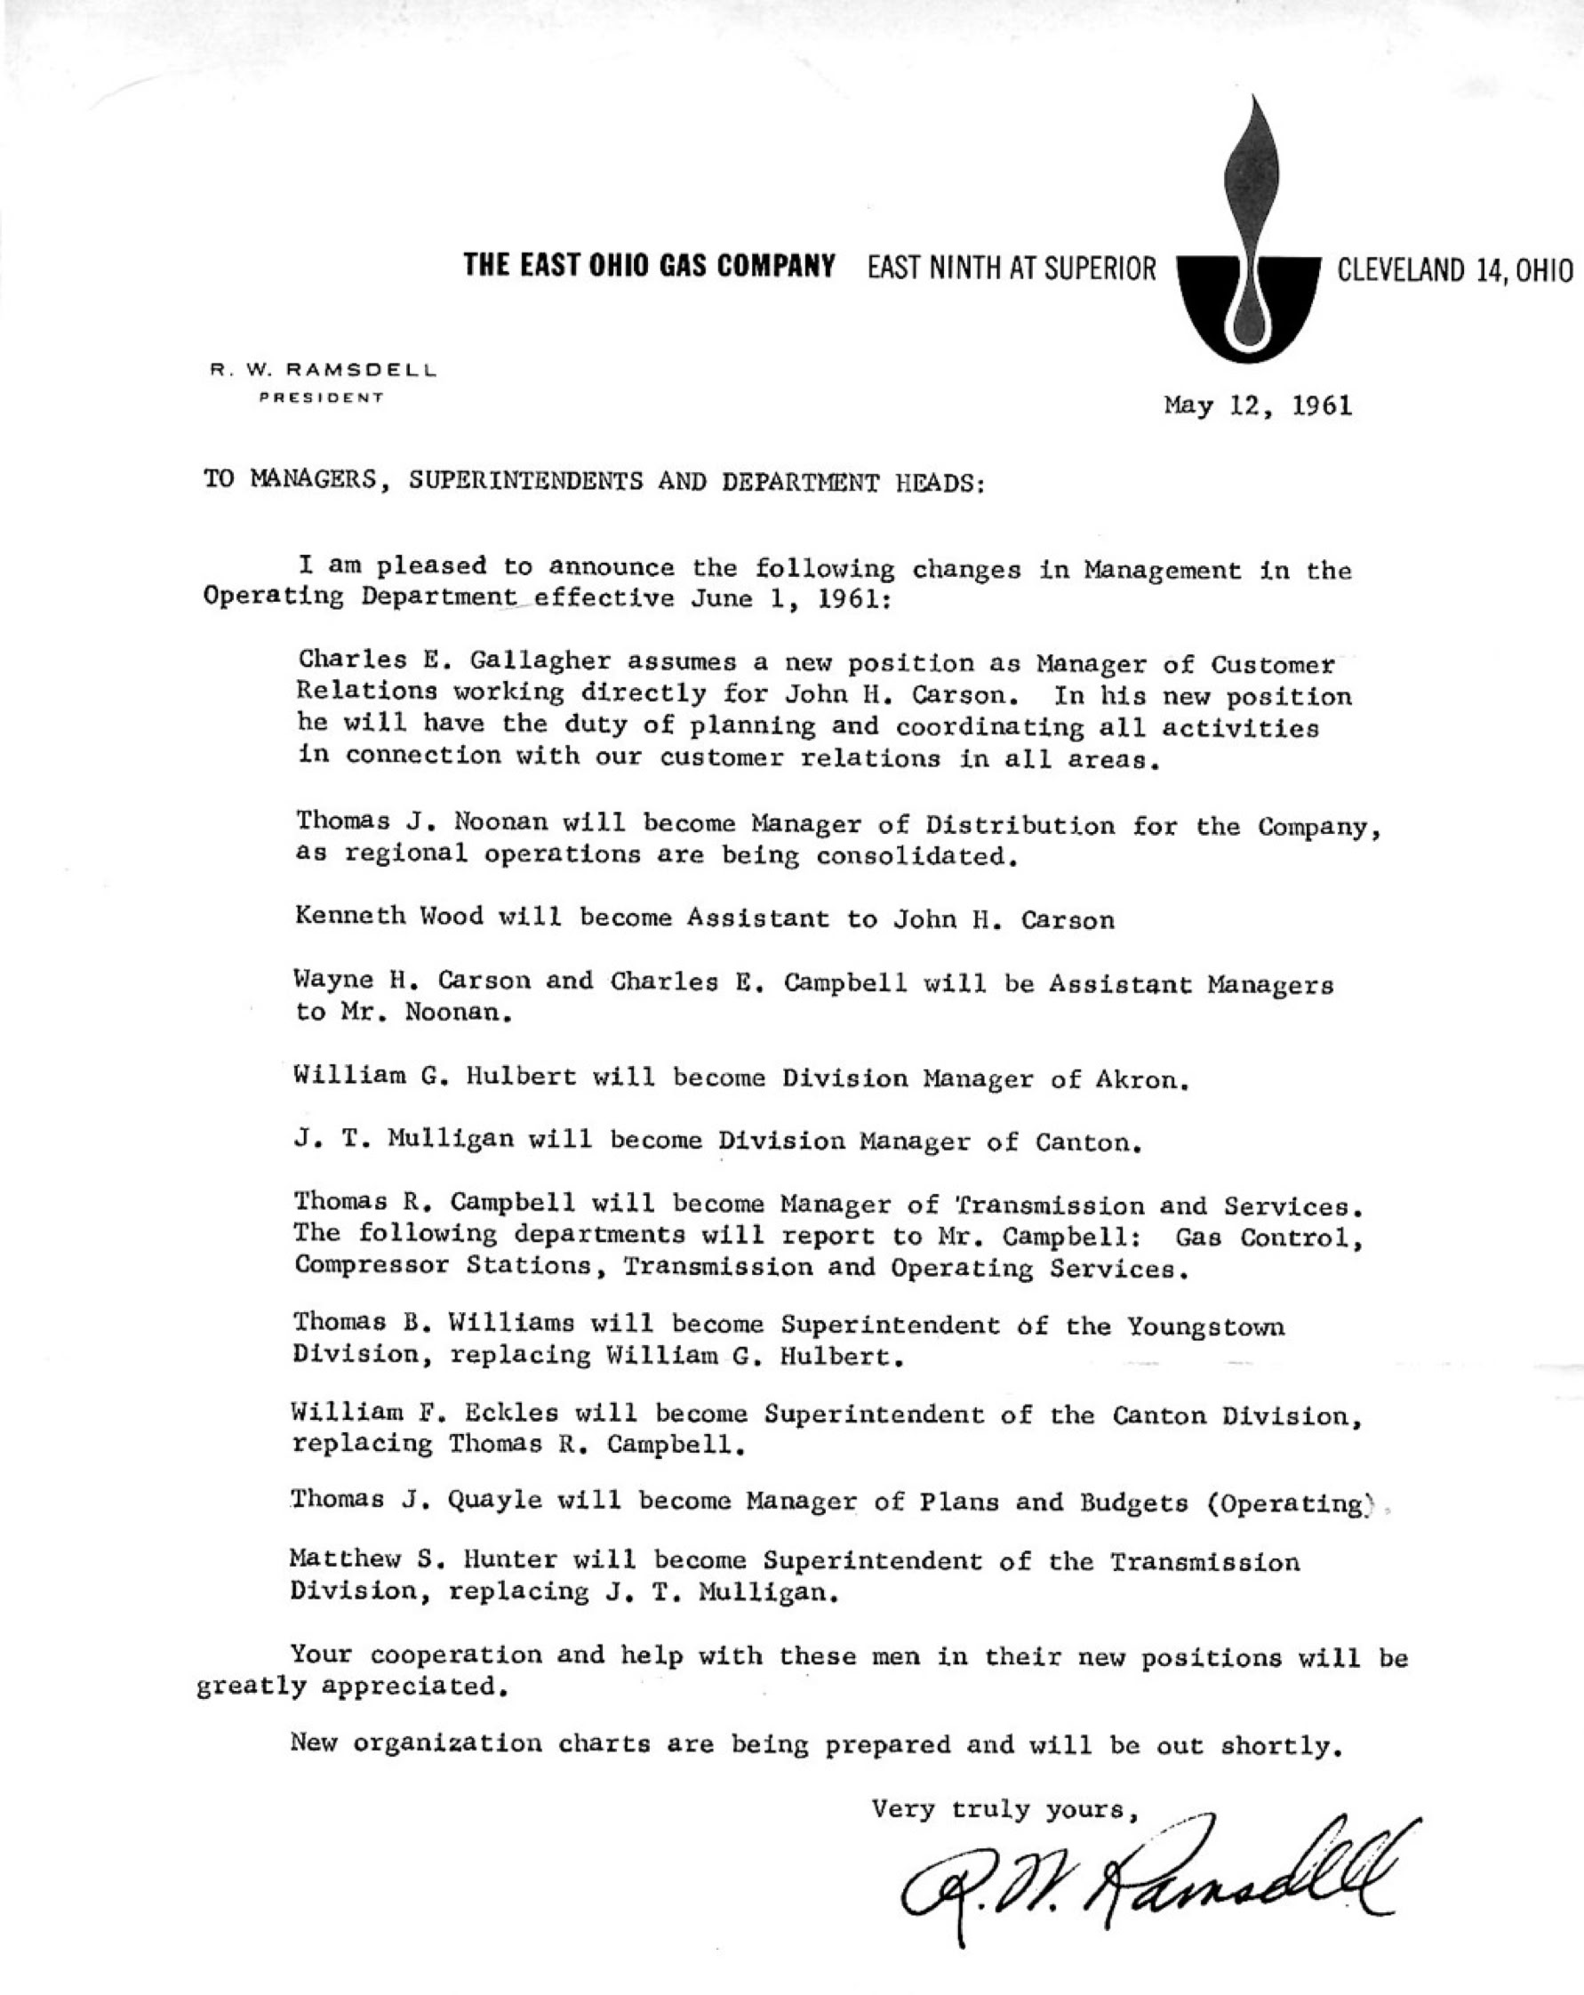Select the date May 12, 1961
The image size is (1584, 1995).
[1258, 405]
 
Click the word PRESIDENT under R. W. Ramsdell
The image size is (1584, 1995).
[321, 398]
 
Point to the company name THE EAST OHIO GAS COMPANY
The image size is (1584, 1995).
[650, 268]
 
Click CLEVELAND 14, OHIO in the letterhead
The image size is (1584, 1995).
[1454, 270]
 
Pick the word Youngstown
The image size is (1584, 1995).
[1205, 1327]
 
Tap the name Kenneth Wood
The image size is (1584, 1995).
[389, 917]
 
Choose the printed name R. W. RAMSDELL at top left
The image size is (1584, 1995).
[323, 370]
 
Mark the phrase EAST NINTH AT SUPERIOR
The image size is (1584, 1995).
[1012, 269]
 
